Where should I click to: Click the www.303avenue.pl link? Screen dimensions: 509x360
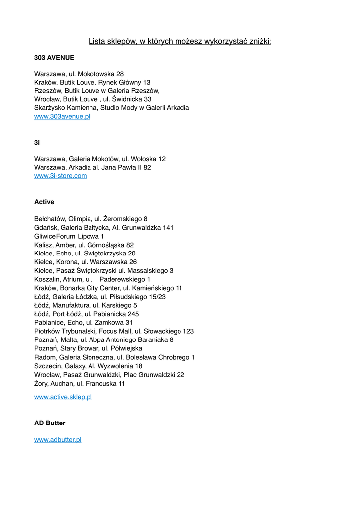pos(62,116)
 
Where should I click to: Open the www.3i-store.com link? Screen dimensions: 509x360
pos(60,176)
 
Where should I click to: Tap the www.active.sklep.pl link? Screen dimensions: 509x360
pos(63,397)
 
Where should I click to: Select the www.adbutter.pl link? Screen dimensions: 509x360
pos(58,440)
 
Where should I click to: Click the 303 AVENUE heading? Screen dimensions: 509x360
pos(54,58)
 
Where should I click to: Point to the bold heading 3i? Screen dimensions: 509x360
pos(37,142)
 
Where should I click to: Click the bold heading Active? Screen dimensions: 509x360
pos(44,202)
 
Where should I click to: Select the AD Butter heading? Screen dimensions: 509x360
pos(50,423)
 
